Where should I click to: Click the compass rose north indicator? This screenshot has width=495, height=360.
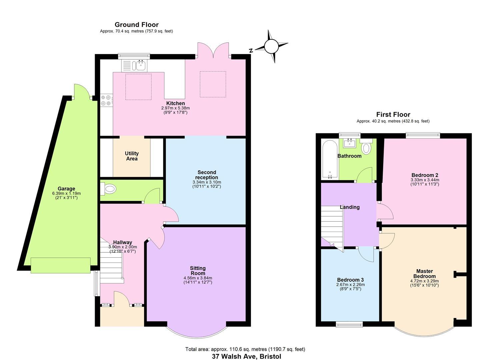pyautogui.click(x=271, y=47)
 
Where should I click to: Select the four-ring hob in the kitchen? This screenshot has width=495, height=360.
pyautogui.click(x=106, y=100)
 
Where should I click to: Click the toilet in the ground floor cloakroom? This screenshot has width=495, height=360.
pyautogui.click(x=109, y=189)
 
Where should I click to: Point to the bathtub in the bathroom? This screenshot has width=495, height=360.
pyautogui.click(x=330, y=159)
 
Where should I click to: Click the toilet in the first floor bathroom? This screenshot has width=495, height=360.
pyautogui.click(x=366, y=147)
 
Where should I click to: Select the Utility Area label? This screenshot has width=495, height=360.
pyautogui.click(x=132, y=156)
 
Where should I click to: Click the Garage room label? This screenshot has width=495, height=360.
pyautogui.click(x=66, y=189)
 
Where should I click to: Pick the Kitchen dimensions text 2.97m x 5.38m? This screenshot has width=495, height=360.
pyautogui.click(x=175, y=108)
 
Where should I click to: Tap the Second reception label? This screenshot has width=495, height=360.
pyautogui.click(x=207, y=175)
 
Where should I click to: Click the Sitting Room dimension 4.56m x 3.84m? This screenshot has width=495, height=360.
pyautogui.click(x=198, y=278)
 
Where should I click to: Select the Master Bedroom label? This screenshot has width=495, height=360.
pyautogui.click(x=424, y=274)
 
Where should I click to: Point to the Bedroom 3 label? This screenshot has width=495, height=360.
pyautogui.click(x=350, y=280)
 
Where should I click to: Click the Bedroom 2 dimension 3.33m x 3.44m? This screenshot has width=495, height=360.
pyautogui.click(x=425, y=180)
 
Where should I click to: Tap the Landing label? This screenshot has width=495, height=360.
pyautogui.click(x=350, y=207)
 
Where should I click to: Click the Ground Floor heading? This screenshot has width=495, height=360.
pyautogui.click(x=136, y=25)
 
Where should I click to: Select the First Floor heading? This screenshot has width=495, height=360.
pyautogui.click(x=393, y=115)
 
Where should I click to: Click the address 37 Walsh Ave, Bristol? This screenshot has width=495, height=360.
pyautogui.click(x=246, y=356)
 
